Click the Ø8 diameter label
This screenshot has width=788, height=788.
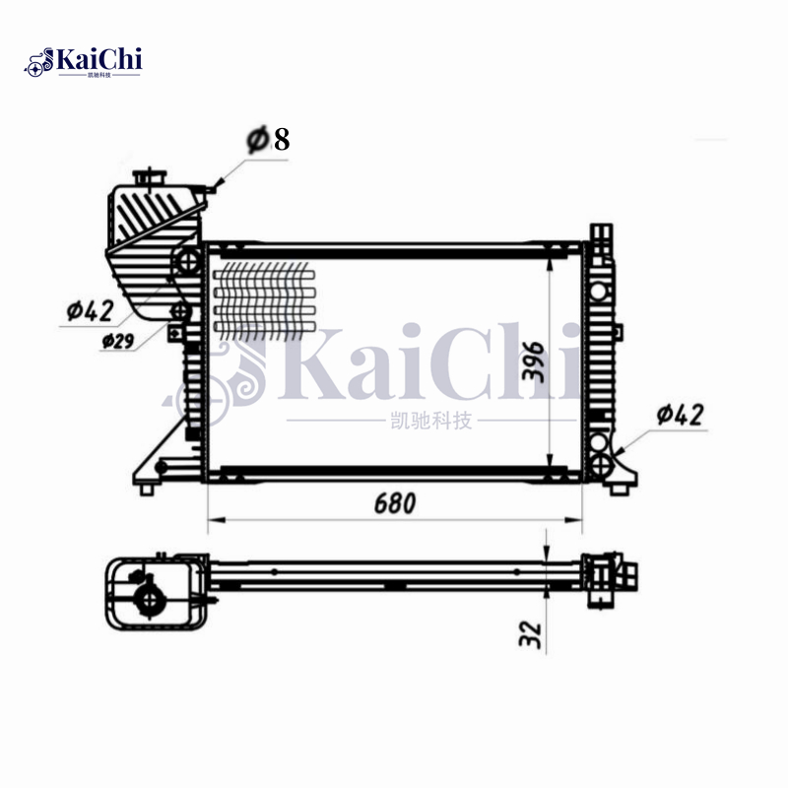click(x=268, y=140)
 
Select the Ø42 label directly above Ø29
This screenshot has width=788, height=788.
click(x=92, y=311)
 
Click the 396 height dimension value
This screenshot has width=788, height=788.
click(x=533, y=361)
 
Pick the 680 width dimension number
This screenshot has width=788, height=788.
click(x=394, y=502)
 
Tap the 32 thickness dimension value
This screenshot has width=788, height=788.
click(x=529, y=633)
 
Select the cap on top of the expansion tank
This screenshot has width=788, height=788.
click(x=149, y=176)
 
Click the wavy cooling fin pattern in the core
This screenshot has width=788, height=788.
click(x=264, y=296)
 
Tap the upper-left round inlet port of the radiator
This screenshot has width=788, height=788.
click(x=186, y=262)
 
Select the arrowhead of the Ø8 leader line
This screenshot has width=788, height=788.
click(x=218, y=185)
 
